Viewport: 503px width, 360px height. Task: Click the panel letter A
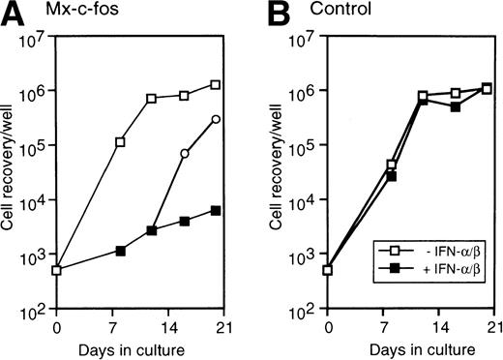(11, 13)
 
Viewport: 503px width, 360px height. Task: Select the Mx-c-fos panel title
(69, 13)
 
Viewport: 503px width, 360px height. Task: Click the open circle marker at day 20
(216, 119)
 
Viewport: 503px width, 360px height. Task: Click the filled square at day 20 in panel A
(216, 210)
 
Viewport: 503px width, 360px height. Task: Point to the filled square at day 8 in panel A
(120, 251)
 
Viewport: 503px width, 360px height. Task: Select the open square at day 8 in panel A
(120, 142)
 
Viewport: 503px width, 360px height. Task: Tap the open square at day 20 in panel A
(216, 85)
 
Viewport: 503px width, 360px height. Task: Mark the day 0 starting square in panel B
(328, 270)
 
